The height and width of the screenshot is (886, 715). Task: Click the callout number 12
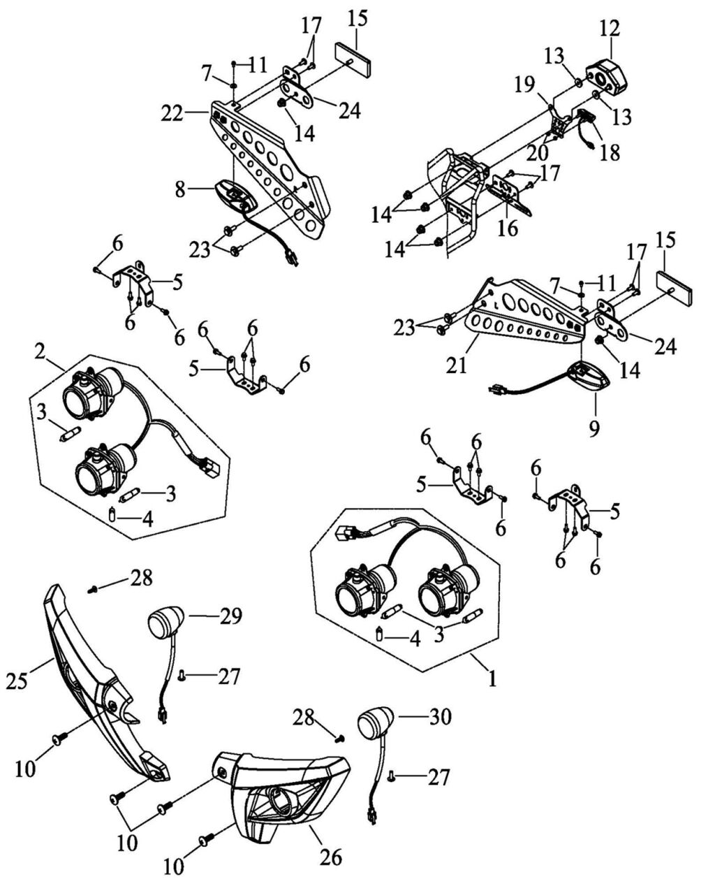point(609,29)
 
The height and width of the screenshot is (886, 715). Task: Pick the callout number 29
point(231,616)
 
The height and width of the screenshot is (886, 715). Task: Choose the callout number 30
point(441,717)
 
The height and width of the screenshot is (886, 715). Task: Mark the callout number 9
point(594,428)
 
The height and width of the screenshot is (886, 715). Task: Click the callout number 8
point(179,190)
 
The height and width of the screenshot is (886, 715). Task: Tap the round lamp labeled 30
point(376,722)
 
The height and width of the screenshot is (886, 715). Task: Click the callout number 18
point(610,154)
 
